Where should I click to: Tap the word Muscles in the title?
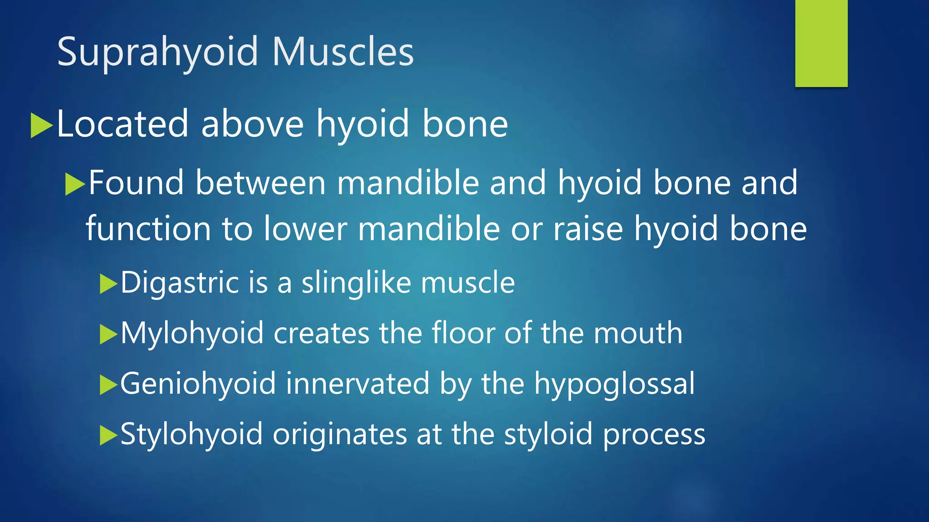pyautogui.click(x=343, y=52)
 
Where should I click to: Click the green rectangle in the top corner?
pyautogui.click(x=821, y=43)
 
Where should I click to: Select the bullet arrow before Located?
pyautogui.click(x=41, y=126)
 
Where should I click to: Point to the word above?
pyautogui.click(x=252, y=124)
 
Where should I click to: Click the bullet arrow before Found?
pyautogui.click(x=75, y=184)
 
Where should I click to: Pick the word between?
pyautogui.click(x=260, y=183)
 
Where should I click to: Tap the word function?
pyautogui.click(x=148, y=228)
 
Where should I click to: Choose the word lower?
pyautogui.click(x=305, y=228)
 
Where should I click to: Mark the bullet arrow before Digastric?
pyautogui.click(x=108, y=285)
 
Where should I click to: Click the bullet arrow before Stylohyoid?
pyautogui.click(x=108, y=435)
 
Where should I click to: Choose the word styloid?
pyautogui.click(x=548, y=435)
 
